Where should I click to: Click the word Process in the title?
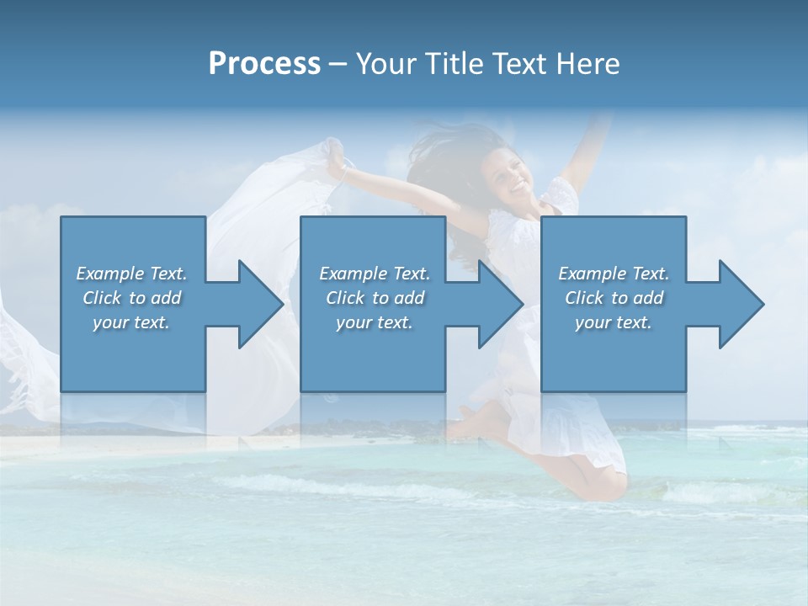click(x=264, y=64)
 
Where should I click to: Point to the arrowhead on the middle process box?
click(x=495, y=304)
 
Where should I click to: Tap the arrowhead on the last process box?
click(x=736, y=304)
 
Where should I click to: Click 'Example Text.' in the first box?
click(x=131, y=274)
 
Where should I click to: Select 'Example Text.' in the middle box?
click(x=375, y=274)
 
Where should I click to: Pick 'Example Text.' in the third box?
click(x=614, y=274)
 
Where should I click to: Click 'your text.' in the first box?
click(x=131, y=322)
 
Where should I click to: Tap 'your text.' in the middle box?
click(x=375, y=322)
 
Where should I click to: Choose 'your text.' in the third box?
click(x=614, y=322)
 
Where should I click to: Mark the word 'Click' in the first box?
click(x=103, y=298)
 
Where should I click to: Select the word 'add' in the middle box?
click(x=409, y=298)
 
